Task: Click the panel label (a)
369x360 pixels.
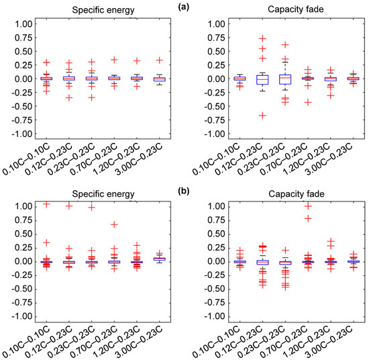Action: pos(184,7)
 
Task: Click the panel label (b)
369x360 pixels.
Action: pos(184,191)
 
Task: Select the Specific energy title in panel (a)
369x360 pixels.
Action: pos(103,10)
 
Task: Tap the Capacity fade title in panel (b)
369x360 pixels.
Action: pos(297,193)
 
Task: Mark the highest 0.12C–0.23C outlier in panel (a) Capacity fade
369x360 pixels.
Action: pos(262,38)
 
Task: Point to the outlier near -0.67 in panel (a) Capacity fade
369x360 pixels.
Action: pos(262,116)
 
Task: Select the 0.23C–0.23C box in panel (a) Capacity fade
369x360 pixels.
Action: pos(285,79)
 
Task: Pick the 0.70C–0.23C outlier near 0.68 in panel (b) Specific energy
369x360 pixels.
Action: pos(114,224)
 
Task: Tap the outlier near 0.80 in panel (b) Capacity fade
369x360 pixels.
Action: pos(308,218)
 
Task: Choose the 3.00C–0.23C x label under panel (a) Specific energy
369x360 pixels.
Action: pos(140,159)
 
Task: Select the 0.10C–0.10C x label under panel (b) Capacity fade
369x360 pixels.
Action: pos(216,343)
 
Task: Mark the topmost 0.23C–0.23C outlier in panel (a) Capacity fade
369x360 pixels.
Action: pos(285,44)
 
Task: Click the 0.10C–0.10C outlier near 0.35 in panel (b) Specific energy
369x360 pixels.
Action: pos(46,242)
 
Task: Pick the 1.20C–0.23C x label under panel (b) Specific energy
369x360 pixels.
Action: pos(117,343)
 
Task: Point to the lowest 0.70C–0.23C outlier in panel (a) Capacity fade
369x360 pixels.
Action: pos(308,102)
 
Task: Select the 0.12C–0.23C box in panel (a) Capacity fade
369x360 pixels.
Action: pos(262,80)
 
